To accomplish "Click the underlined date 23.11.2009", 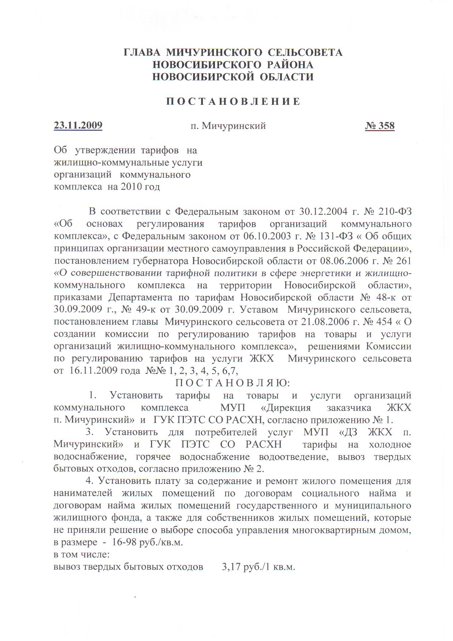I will pos(78,126).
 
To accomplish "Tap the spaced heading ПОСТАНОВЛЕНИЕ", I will pos(233,102).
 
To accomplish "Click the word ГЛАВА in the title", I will pos(142,53).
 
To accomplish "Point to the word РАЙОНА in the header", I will pos(286,65).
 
